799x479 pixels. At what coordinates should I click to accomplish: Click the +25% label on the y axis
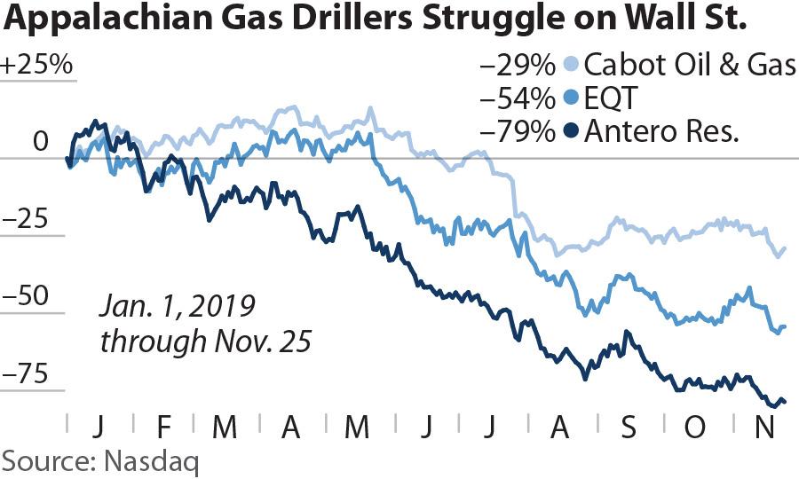click(x=36, y=68)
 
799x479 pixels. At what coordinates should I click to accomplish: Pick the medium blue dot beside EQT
click(x=573, y=98)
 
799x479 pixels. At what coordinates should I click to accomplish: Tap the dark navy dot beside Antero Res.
click(x=573, y=132)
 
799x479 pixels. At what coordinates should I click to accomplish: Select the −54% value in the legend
click(x=518, y=98)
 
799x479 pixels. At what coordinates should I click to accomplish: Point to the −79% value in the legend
click(x=518, y=132)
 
